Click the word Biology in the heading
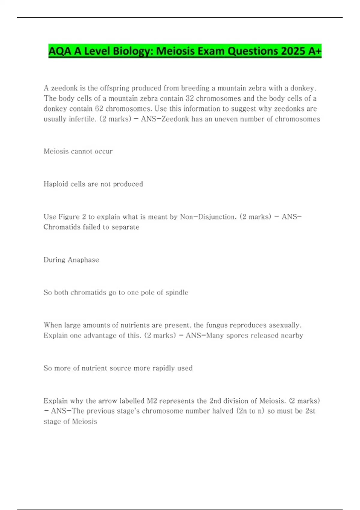[x=133, y=51]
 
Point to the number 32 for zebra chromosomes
[x=190, y=98]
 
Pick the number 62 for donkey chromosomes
[x=99, y=109]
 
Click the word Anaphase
[x=83, y=260]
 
